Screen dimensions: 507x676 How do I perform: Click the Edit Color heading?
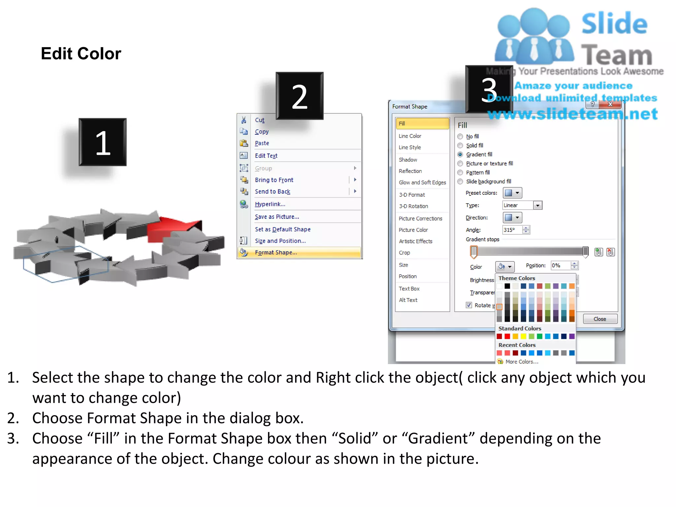[x=81, y=53]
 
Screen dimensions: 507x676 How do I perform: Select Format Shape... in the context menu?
[x=276, y=253]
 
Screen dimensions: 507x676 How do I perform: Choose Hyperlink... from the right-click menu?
[x=270, y=204]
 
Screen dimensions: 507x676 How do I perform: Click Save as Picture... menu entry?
[x=277, y=217]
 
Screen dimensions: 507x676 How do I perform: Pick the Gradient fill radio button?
[x=460, y=154]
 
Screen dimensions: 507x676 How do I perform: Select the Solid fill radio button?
[x=460, y=146]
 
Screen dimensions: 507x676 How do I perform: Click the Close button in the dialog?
[x=600, y=319]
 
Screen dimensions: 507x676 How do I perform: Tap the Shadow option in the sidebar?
[x=408, y=160]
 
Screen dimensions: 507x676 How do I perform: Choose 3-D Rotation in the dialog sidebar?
[x=413, y=206]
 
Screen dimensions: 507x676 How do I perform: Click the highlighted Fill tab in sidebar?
[x=422, y=123]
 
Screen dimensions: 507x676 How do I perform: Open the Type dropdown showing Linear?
[x=538, y=206]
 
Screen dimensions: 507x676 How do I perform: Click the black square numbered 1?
[x=103, y=142]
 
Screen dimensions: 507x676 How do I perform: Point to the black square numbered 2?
[x=299, y=96]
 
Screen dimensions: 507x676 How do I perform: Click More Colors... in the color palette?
[x=522, y=362]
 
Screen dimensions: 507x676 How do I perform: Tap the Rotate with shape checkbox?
[x=469, y=305]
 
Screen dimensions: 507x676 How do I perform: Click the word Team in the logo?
[x=616, y=55]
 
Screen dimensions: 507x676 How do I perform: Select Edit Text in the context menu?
[x=266, y=156]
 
